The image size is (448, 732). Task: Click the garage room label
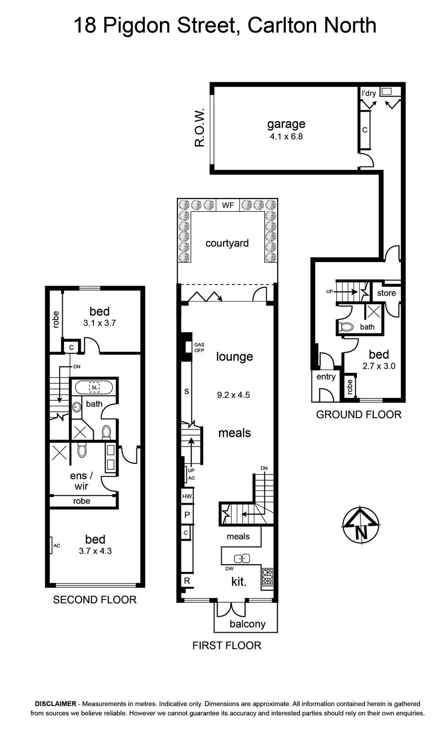pyautogui.click(x=286, y=124)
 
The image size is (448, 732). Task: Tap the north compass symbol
pyautogui.click(x=361, y=526)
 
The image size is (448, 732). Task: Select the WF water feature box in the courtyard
pyautogui.click(x=228, y=205)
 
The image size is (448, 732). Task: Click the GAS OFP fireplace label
pyautogui.click(x=199, y=347)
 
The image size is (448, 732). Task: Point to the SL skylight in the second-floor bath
pyautogui.click(x=94, y=388)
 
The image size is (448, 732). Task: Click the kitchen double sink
pyautogui.click(x=242, y=559)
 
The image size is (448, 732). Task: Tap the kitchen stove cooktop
pyautogui.click(x=268, y=577)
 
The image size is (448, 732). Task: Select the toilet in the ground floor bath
pyautogui.click(x=345, y=327)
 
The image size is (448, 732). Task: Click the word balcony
pyautogui.click(x=247, y=624)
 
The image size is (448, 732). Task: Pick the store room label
pyautogui.click(x=386, y=293)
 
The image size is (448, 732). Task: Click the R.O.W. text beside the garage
pyautogui.click(x=199, y=128)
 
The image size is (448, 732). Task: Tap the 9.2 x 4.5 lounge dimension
pyautogui.click(x=233, y=395)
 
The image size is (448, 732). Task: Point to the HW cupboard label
pyautogui.click(x=187, y=496)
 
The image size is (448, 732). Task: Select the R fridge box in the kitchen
pyautogui.click(x=187, y=581)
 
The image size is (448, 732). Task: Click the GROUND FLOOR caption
pyautogui.click(x=359, y=414)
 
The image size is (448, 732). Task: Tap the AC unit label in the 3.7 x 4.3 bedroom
pyautogui.click(x=57, y=545)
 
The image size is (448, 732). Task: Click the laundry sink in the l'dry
pyautogui.click(x=387, y=91)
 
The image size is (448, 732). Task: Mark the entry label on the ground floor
pyautogui.click(x=326, y=377)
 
